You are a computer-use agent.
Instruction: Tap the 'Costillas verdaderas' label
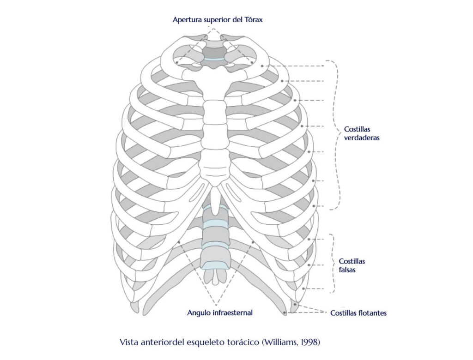point(362,133)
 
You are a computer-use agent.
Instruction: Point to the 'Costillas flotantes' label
point(358,313)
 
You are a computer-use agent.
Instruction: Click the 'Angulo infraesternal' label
point(220,312)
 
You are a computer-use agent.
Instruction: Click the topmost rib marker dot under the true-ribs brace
point(262,66)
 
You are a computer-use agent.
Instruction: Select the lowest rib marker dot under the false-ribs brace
point(303,288)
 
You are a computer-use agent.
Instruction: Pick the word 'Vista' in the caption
point(128,342)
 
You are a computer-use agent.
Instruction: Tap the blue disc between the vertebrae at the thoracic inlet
point(214,60)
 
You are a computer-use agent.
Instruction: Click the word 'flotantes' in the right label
point(372,313)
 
